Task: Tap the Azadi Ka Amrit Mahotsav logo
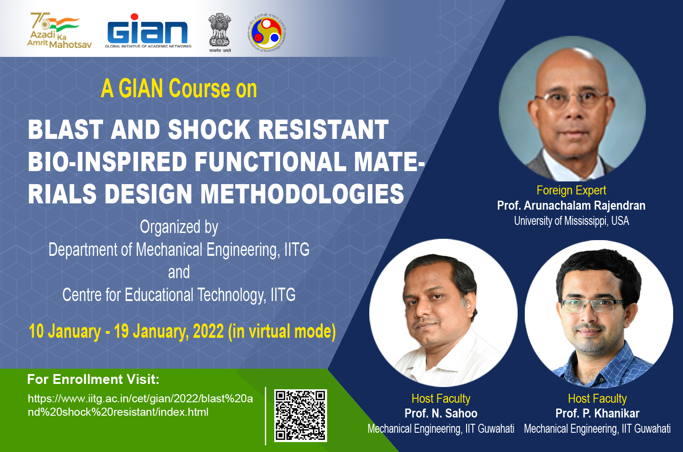[x=60, y=31]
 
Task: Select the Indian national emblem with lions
[x=220, y=32]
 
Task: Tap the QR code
[x=301, y=415]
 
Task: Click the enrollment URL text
[x=140, y=405]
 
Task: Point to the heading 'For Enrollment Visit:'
[x=93, y=379]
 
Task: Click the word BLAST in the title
[x=65, y=129]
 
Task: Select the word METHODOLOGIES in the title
[x=302, y=194]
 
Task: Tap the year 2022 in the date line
[x=208, y=331]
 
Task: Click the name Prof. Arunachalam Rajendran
[x=571, y=206]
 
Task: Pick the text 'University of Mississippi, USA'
[x=571, y=221]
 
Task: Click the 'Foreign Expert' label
[x=571, y=190]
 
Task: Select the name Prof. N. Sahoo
[x=441, y=413]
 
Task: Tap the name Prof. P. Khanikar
[x=597, y=413]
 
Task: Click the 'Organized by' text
[x=179, y=227]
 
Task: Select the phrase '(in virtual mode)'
[x=282, y=331]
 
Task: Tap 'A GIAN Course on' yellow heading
[x=179, y=89]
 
